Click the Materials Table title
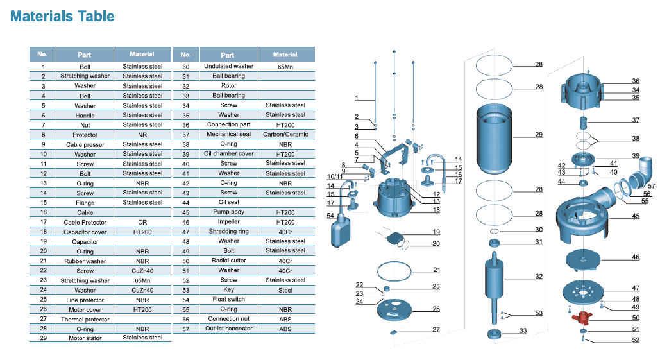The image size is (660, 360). tap(62, 16)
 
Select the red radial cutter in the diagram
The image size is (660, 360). tap(582, 317)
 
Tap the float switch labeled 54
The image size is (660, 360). tap(341, 230)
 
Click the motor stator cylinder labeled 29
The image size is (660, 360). tap(494, 139)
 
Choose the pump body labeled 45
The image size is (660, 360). tap(583, 219)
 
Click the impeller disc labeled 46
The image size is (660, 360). tap(583, 259)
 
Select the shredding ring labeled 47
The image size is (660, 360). tap(583, 291)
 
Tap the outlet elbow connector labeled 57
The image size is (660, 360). tap(640, 173)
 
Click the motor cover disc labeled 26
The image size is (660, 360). tap(394, 309)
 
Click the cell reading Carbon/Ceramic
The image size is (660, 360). tap(285, 134)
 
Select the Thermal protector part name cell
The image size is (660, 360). tap(85, 319)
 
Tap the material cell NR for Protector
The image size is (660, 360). tap(142, 135)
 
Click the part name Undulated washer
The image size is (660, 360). tap(228, 66)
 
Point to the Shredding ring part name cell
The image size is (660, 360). tap(228, 231)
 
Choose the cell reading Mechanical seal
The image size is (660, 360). tap(228, 134)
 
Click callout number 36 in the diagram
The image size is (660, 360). tap(636, 81)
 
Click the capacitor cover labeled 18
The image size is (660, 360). tap(394, 197)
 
